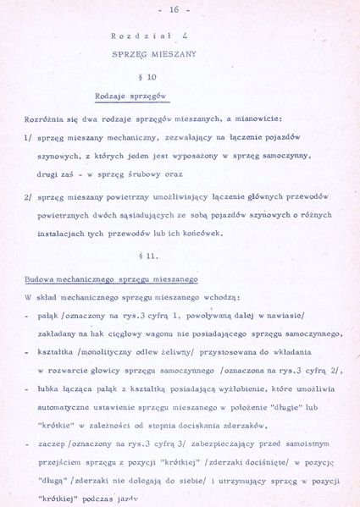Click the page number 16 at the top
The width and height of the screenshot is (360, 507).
(x=174, y=9)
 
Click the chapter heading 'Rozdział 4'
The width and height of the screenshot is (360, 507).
(x=150, y=37)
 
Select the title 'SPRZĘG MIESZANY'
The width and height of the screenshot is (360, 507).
(x=154, y=53)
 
